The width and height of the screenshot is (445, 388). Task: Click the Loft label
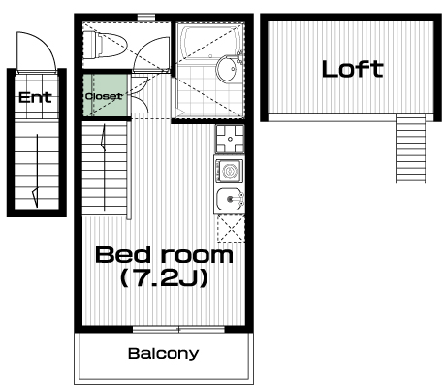click(352, 69)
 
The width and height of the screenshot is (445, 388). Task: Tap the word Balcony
click(163, 354)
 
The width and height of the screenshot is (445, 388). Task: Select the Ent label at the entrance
click(35, 97)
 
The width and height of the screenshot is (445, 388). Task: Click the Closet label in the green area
click(104, 96)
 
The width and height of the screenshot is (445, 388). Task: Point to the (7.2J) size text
click(164, 279)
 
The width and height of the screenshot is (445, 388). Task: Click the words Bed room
click(164, 255)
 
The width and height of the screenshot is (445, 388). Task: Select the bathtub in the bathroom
click(210, 43)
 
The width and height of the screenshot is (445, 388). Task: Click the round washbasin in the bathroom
click(227, 69)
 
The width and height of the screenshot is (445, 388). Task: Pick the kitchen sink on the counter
click(229, 199)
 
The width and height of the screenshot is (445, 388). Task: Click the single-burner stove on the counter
click(229, 171)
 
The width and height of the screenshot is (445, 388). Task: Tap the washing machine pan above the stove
click(230, 139)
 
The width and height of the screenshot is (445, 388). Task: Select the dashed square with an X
click(231, 229)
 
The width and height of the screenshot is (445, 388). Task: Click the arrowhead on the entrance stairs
click(35, 197)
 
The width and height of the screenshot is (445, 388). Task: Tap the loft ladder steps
click(410, 148)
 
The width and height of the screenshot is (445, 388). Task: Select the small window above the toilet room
click(146, 17)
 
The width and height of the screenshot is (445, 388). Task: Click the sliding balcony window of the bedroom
click(178, 330)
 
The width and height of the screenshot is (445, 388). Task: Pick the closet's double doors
click(140, 94)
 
